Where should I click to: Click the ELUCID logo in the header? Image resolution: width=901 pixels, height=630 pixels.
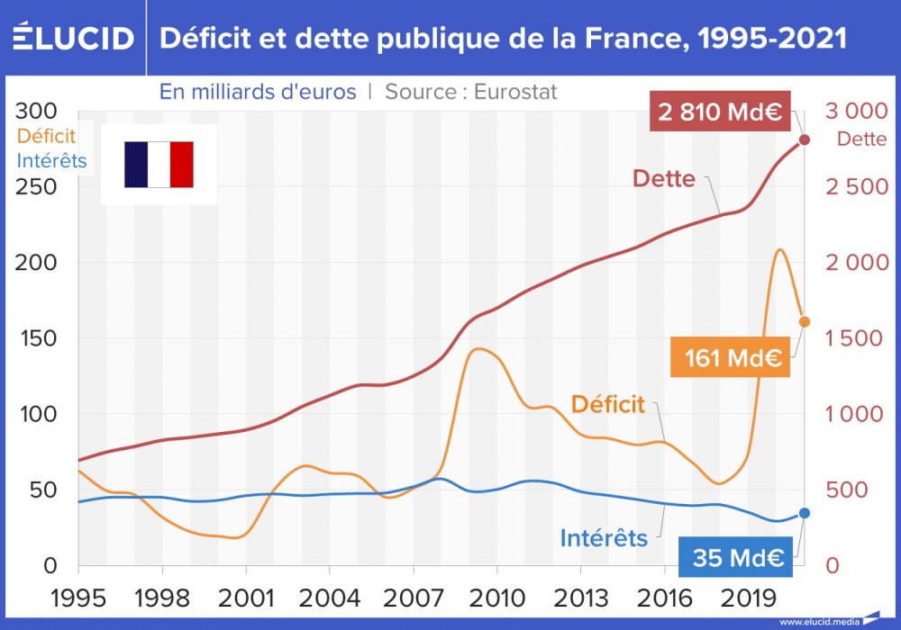[x=72, y=38]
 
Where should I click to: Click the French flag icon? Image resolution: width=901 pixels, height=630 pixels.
[x=159, y=165]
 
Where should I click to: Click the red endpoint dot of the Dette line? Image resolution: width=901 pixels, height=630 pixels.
[x=805, y=139]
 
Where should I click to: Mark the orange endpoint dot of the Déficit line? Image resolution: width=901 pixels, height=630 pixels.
[x=805, y=321]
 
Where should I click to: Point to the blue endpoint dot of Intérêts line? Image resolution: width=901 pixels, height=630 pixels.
[x=805, y=513]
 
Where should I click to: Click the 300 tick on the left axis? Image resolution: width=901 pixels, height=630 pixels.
[x=38, y=112]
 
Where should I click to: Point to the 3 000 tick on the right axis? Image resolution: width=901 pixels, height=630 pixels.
[x=851, y=112]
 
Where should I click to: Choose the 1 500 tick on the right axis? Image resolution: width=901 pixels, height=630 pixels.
[x=851, y=338]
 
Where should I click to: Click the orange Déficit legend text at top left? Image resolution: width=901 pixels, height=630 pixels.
[x=46, y=137]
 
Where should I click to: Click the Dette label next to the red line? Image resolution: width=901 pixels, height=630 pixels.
[x=663, y=178]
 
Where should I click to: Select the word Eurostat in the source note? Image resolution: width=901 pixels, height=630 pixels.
[x=515, y=92]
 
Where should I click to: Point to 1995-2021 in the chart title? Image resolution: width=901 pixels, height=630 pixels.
[x=763, y=38]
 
